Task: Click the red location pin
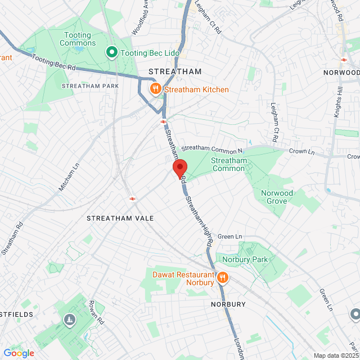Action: tap(179, 168)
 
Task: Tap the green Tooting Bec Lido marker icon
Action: tap(111, 53)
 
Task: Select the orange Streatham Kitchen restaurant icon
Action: tap(155, 89)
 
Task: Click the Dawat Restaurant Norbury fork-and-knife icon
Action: tap(222, 278)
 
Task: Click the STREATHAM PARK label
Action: tap(83, 86)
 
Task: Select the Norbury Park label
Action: tap(245, 259)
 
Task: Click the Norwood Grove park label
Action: tap(277, 197)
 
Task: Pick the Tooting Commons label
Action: tap(77, 39)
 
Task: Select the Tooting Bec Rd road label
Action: tap(53, 62)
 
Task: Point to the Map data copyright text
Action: tap(336, 355)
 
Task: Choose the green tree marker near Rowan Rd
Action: tap(69, 319)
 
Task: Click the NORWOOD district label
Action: tap(341, 73)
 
